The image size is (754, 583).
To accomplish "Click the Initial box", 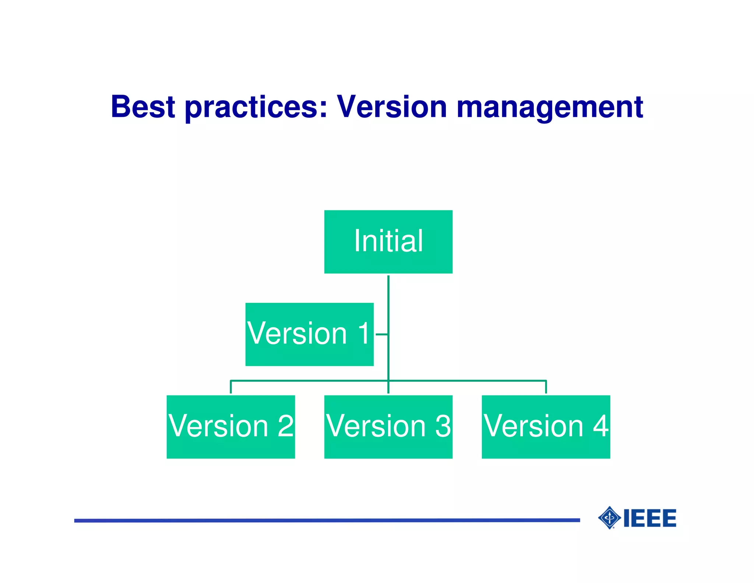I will pyautogui.click(x=388, y=242).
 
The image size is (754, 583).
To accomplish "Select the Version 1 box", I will pyautogui.click(x=309, y=334).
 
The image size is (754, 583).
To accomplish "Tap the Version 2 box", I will pyautogui.click(x=230, y=427).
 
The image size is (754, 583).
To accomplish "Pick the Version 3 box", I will pyautogui.click(x=388, y=427).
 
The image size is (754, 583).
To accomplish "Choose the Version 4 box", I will pyautogui.click(x=546, y=427).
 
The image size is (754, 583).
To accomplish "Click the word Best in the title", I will pyautogui.click(x=143, y=107).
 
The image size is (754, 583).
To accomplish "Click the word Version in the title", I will pyautogui.click(x=392, y=107).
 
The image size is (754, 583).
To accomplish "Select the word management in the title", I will pyautogui.click(x=550, y=108).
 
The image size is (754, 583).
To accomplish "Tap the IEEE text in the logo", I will pyautogui.click(x=650, y=518).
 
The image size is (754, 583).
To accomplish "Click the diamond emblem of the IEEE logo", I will pyautogui.click(x=610, y=518).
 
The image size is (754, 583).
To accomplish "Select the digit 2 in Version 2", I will pyautogui.click(x=285, y=426).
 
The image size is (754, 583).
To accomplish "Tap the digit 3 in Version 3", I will pyautogui.click(x=443, y=426).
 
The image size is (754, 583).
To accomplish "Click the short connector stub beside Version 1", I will pyautogui.click(x=381, y=334).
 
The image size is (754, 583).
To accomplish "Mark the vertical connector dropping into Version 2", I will pyautogui.click(x=231, y=387).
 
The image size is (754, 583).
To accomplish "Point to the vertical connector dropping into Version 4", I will pyautogui.click(x=546, y=387).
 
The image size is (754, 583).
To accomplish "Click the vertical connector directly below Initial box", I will pyautogui.click(x=388, y=295).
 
